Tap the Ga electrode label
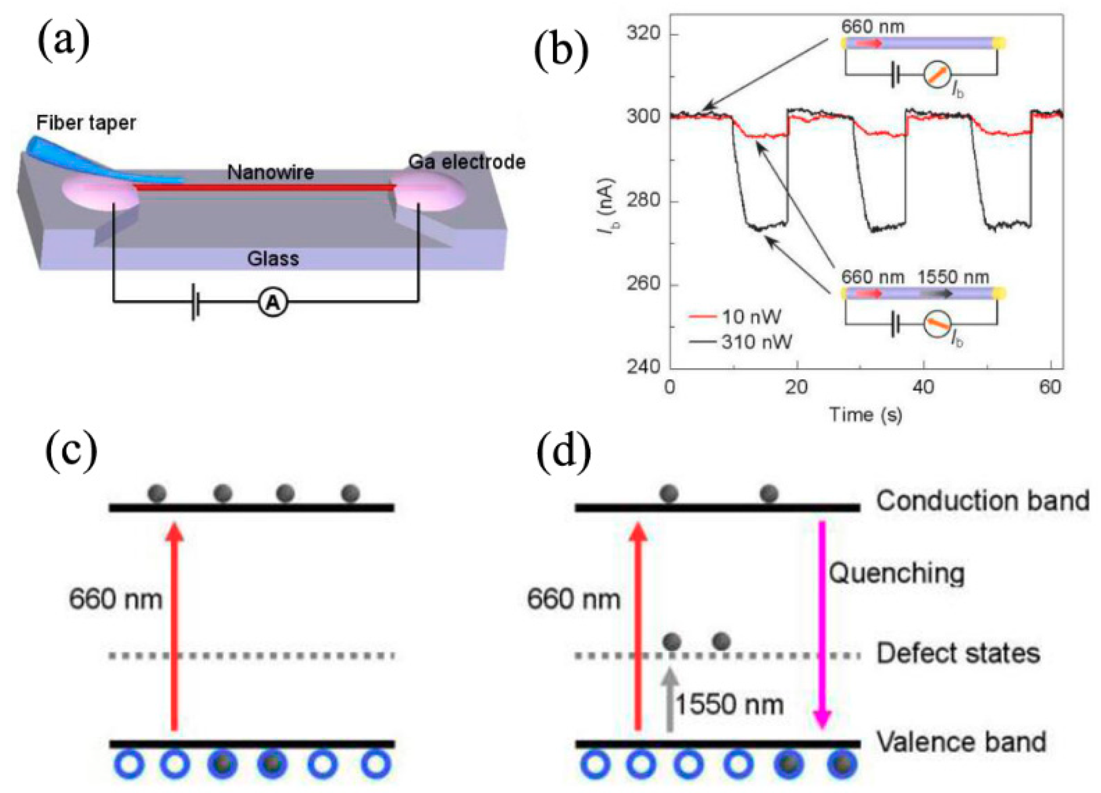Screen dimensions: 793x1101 coord(466,162)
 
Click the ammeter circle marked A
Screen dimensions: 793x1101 coord(273,303)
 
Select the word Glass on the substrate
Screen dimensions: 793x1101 coord(273,258)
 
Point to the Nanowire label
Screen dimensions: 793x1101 coord(270,172)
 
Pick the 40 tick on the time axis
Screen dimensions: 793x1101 coord(923,387)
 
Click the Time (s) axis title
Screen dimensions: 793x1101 coord(865,414)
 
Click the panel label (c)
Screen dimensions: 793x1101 coord(71,450)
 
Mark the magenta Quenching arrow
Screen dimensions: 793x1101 coord(822,624)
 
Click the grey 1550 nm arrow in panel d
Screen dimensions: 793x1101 coord(670,700)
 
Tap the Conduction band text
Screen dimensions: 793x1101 coord(982,501)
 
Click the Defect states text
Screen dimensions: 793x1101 coord(958,653)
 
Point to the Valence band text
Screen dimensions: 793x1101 coord(961,742)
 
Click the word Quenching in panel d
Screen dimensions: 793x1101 coord(896,573)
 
